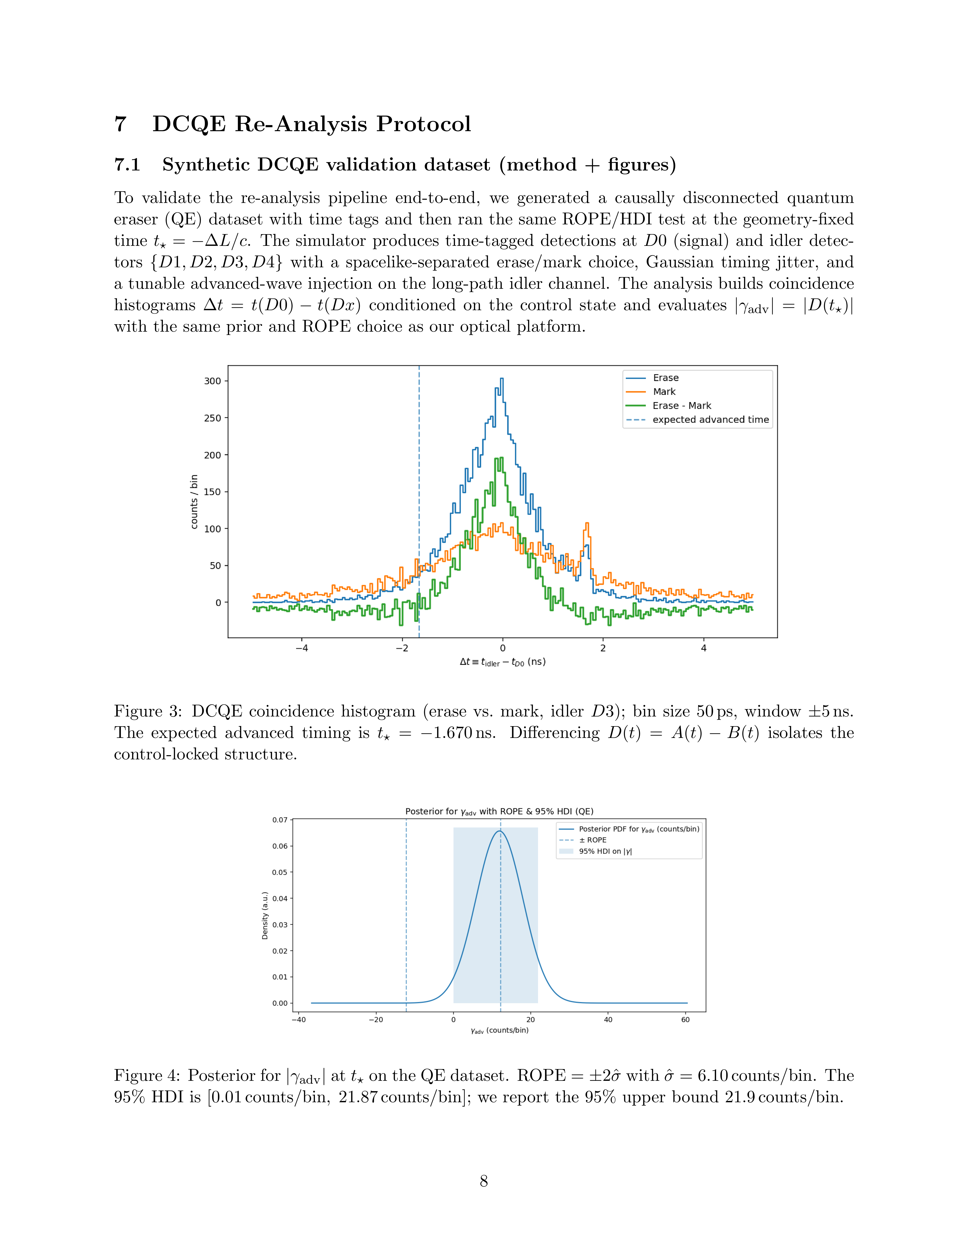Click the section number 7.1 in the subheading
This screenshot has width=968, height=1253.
click(127, 165)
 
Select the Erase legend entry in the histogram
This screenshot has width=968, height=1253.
click(665, 378)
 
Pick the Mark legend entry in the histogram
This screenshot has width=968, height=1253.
click(664, 392)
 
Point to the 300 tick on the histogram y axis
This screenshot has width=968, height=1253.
click(213, 381)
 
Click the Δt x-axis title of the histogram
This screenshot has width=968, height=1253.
click(502, 662)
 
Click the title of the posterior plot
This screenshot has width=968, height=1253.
click(499, 811)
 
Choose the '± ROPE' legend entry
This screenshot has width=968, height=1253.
click(592, 840)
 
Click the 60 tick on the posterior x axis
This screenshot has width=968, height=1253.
click(685, 1019)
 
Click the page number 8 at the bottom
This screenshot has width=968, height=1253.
click(483, 1181)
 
